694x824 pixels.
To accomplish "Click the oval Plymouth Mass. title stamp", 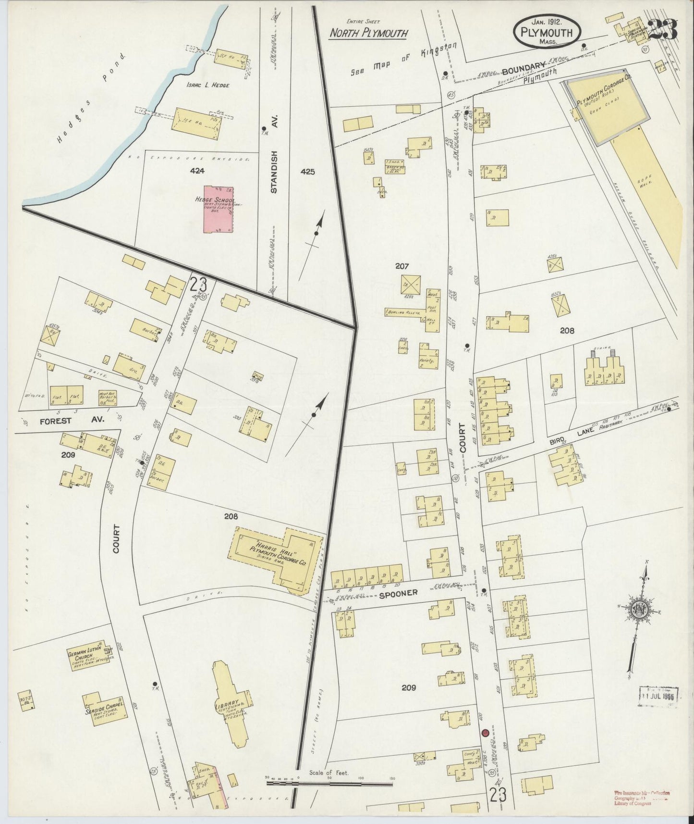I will [x=547, y=31].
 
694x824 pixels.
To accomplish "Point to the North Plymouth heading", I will [x=368, y=33].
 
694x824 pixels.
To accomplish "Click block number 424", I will [x=197, y=170].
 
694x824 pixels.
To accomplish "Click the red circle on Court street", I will [x=485, y=733].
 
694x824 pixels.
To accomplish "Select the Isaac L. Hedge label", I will [x=208, y=86].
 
